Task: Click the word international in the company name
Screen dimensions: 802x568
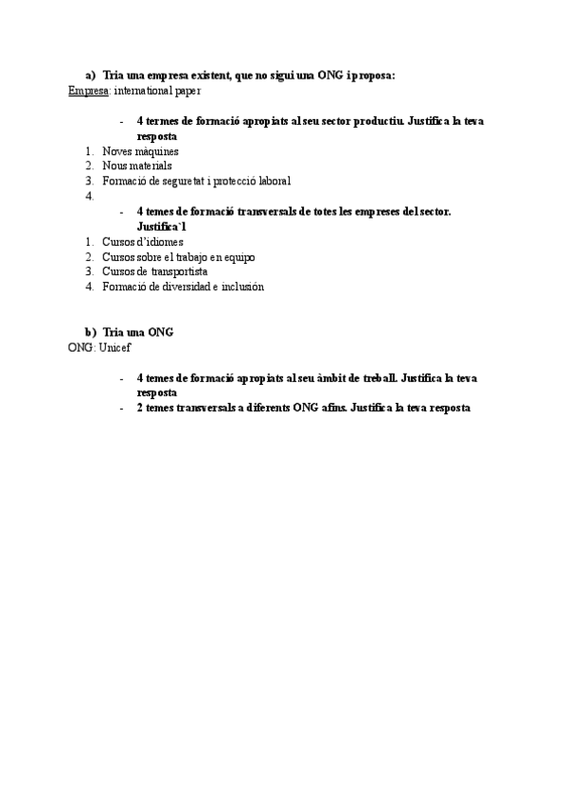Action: (x=143, y=92)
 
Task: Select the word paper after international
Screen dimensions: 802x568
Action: (x=187, y=92)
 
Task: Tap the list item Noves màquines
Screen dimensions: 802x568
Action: (x=140, y=150)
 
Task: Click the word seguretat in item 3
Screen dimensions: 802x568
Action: (x=190, y=181)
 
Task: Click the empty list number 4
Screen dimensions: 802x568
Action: (x=89, y=196)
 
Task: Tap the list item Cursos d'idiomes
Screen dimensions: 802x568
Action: (x=142, y=241)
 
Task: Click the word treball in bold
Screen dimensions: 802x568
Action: (x=380, y=376)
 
